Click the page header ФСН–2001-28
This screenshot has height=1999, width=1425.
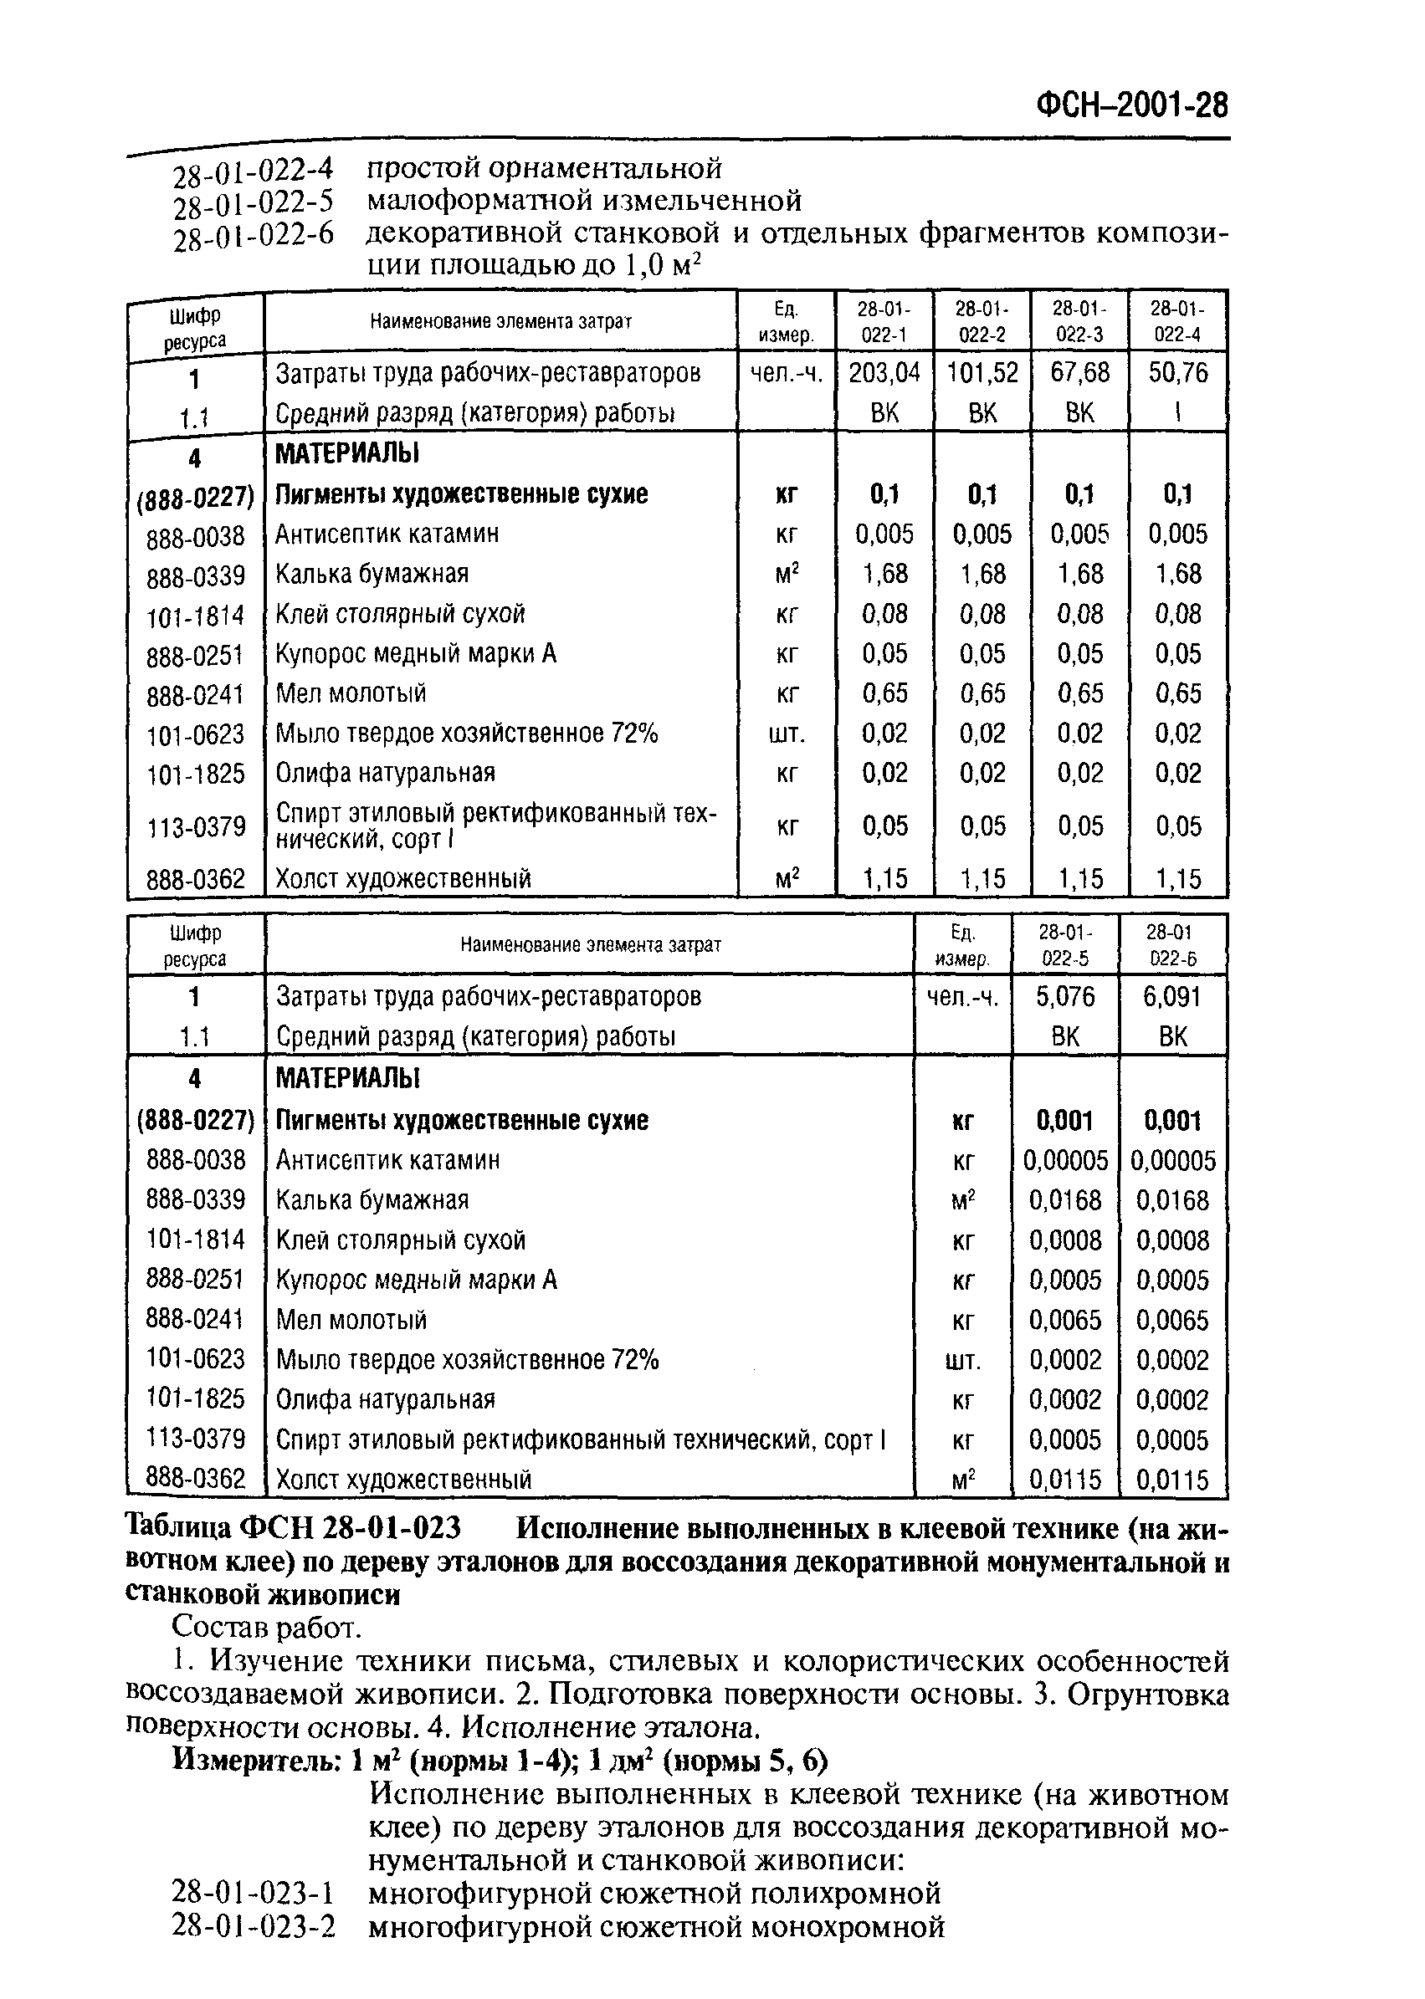click(x=1132, y=106)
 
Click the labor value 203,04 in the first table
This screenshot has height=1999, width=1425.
click(x=884, y=373)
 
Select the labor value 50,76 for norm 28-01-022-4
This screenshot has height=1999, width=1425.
click(x=1177, y=373)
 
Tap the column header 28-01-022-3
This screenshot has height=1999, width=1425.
click(x=1079, y=321)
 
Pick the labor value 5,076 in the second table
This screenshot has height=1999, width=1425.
click(x=1065, y=996)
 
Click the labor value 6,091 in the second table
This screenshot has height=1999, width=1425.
click(x=1172, y=996)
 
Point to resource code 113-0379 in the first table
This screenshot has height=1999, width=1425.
click(x=196, y=826)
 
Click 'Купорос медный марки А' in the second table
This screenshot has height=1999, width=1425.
click(x=416, y=1281)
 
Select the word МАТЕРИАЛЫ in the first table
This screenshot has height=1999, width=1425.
click(x=347, y=453)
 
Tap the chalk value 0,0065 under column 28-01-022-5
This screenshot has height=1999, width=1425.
click(x=1065, y=1320)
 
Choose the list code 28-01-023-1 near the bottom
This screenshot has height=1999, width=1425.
click(x=254, y=1893)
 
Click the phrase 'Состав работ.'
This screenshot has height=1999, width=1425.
click(x=266, y=1627)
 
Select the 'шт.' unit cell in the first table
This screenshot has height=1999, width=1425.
click(x=787, y=734)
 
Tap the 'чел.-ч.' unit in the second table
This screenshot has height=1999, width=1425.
click(x=962, y=996)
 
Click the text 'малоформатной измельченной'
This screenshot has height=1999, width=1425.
click(x=583, y=201)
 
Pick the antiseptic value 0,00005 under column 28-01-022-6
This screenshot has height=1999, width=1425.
click(x=1172, y=1160)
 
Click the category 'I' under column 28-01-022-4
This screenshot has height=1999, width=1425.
click(x=1177, y=413)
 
